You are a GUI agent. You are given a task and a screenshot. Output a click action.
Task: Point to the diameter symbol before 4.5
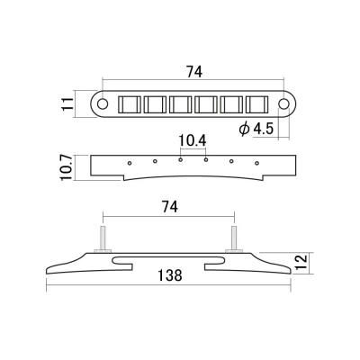pos(244,130)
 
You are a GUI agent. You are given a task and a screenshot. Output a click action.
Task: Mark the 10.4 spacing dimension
pos(193,140)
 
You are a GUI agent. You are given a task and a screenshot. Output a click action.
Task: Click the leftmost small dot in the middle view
pos(130,163)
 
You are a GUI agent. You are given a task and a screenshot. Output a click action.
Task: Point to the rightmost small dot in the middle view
pos(257,163)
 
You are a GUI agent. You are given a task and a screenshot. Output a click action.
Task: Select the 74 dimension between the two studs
pos(168,206)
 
